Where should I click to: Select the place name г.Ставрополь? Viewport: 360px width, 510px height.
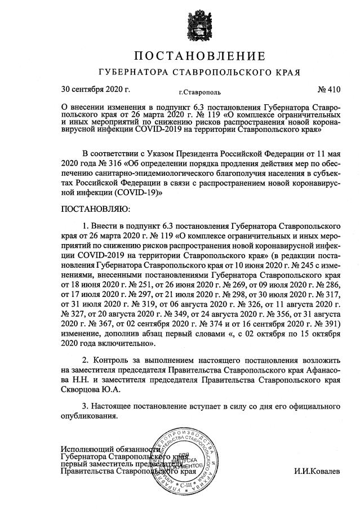pos(195,91)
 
